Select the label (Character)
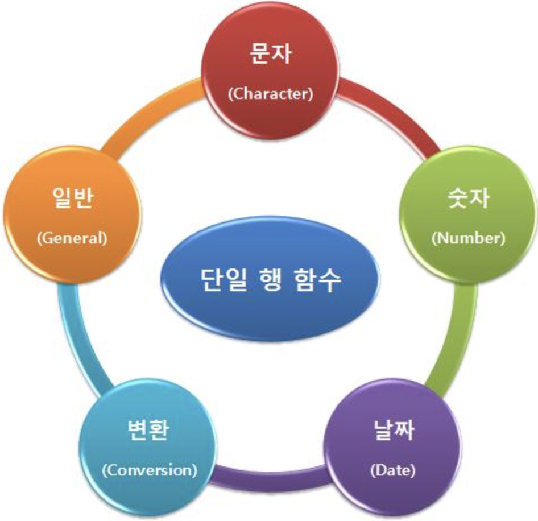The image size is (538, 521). (270, 94)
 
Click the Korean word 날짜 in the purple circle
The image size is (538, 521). (393, 430)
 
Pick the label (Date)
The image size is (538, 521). (392, 470)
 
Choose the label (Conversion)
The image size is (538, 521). (149, 470)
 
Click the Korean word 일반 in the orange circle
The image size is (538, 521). (72, 200)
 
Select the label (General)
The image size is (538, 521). (72, 238)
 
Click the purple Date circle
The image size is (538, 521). (392, 449)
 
